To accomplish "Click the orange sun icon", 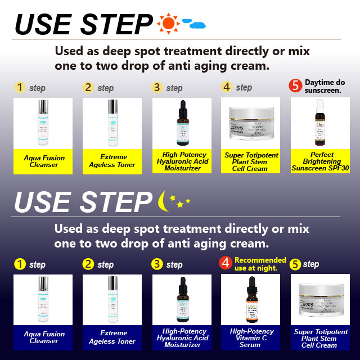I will tap(167, 23).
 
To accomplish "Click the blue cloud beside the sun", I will tap(195, 25).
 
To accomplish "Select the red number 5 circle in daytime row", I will tap(296, 86).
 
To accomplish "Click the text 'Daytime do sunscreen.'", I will tap(326, 86).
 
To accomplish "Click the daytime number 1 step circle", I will tap(20, 87).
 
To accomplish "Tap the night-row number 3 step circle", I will tap(157, 264).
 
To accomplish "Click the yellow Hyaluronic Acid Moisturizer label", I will tap(182, 161).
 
